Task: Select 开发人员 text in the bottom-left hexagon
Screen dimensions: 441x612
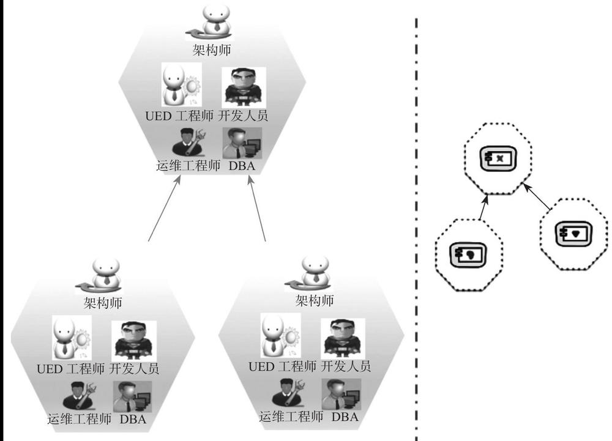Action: click(135, 369)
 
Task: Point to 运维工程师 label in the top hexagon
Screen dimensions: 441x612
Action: click(187, 165)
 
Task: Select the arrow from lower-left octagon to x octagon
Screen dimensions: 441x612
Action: click(483, 208)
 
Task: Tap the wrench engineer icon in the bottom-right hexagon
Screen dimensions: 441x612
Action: click(291, 393)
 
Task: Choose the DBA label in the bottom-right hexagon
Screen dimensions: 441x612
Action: click(345, 417)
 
